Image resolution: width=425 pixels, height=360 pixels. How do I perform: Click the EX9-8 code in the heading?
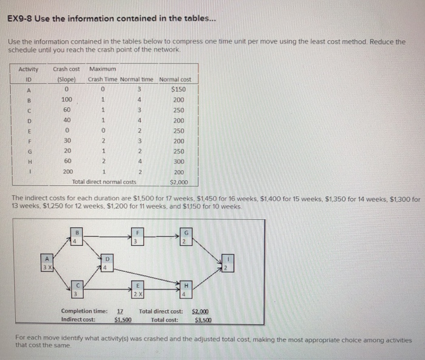tap(21, 18)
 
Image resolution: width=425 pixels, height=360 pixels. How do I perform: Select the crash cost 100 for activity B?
tap(66, 99)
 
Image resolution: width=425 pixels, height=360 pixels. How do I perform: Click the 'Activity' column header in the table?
tap(28, 69)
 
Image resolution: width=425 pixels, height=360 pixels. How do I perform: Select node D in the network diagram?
tap(106, 265)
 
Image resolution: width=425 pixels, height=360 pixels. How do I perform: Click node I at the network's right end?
tap(227, 265)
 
